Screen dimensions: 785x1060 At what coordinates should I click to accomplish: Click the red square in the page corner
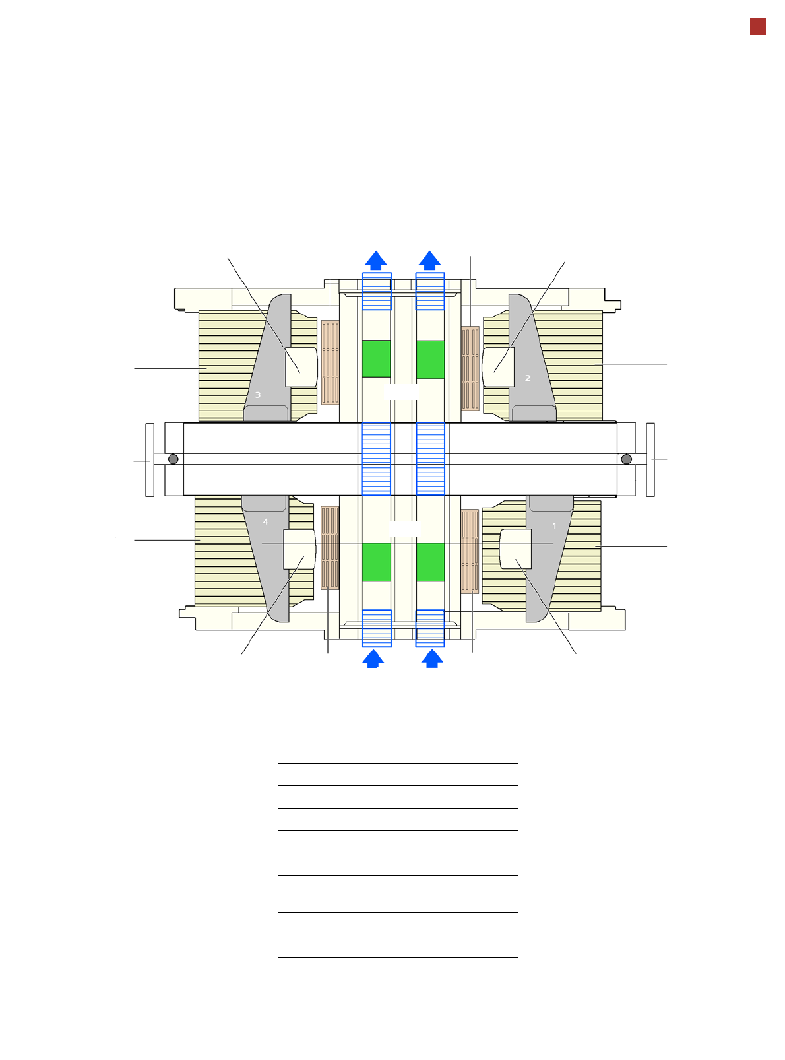point(757,27)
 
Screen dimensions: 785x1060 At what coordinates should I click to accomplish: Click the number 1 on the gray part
point(554,525)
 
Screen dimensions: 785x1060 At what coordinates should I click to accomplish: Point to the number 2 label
point(528,378)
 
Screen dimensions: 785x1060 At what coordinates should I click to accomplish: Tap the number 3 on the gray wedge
point(257,395)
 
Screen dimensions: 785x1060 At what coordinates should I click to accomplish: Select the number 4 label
point(266,522)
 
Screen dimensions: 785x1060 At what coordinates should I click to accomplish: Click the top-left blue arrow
point(375,261)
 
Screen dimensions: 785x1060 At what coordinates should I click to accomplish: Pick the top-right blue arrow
point(429,261)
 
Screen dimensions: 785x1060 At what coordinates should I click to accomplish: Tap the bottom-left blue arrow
point(373,658)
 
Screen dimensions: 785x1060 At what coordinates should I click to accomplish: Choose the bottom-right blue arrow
point(432,658)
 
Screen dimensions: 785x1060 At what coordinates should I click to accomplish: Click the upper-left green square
point(376,358)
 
